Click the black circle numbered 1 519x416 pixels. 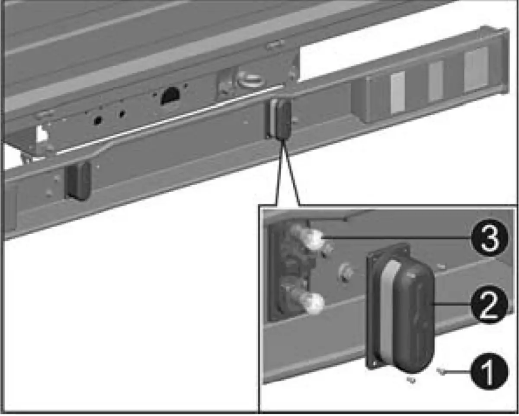point(489,372)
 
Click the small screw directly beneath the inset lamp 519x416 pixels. point(411,380)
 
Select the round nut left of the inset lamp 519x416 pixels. point(346,272)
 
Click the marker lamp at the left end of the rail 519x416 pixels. point(78,181)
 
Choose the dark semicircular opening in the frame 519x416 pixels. point(170,96)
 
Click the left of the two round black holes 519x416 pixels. point(98,120)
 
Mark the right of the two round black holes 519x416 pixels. point(122,114)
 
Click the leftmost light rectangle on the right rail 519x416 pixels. point(398,93)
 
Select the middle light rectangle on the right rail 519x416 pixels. point(436,81)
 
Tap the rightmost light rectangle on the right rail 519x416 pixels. point(476,70)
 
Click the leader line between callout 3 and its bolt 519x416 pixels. point(397,238)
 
